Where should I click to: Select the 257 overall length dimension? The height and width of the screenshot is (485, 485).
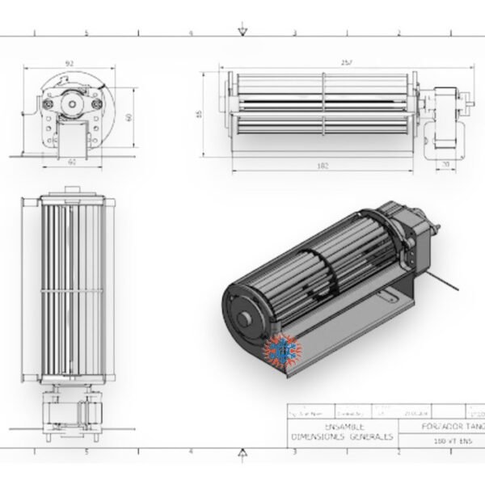(x=324, y=62)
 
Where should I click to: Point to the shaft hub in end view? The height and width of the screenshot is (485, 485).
(x=70, y=102)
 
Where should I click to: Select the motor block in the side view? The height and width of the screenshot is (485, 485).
(x=441, y=111)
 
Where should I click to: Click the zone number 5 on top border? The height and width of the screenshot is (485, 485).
(x=86, y=33)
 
